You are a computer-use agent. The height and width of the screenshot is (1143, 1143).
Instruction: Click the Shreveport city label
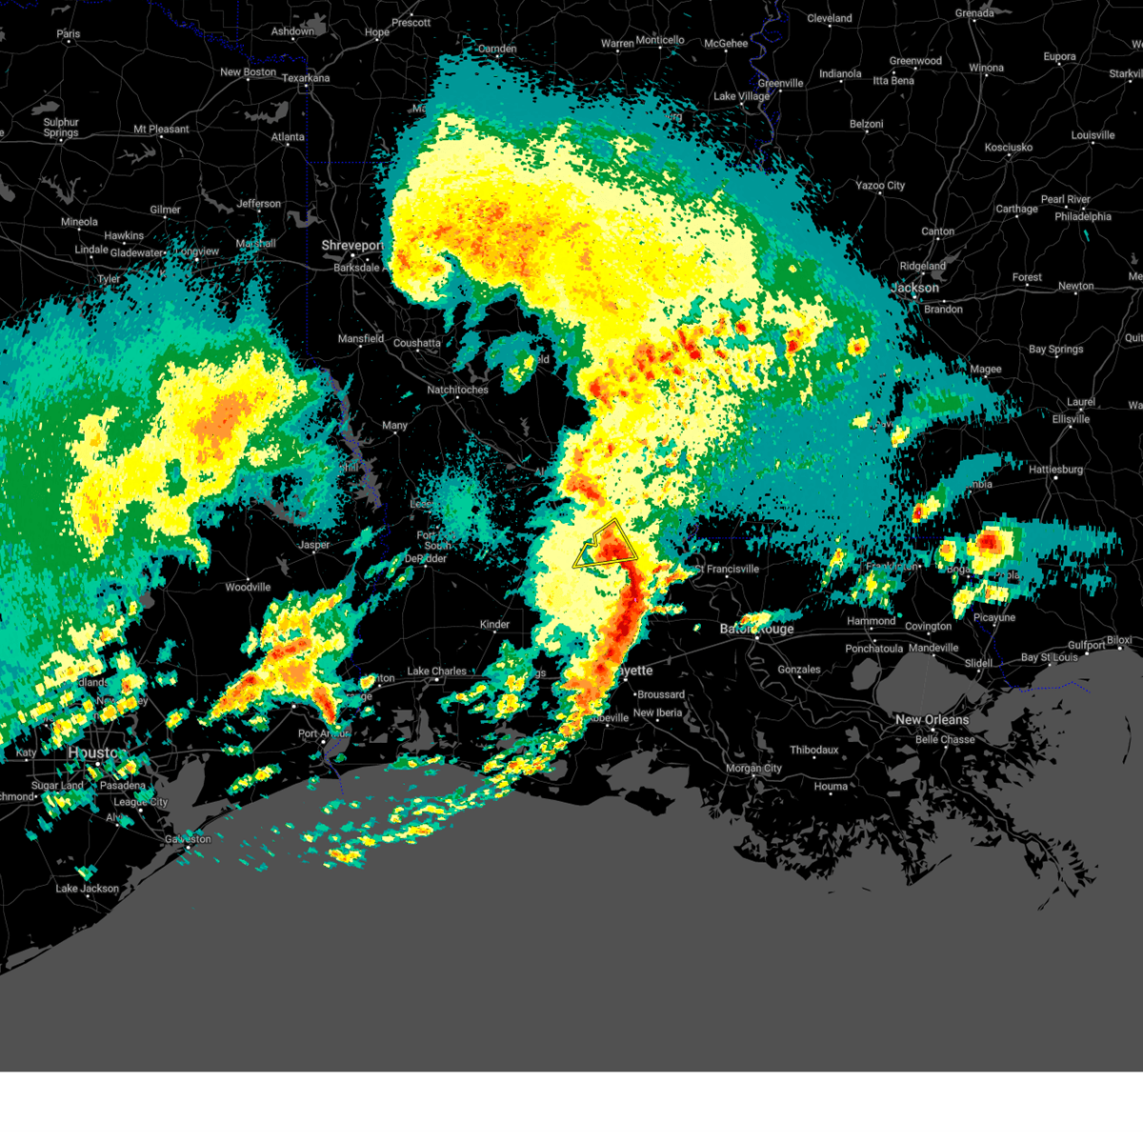[352, 246]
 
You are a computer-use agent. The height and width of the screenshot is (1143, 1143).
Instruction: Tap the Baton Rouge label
[756, 630]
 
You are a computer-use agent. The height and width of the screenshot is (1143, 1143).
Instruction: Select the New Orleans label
[932, 720]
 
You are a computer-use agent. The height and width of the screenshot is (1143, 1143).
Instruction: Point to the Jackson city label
[915, 288]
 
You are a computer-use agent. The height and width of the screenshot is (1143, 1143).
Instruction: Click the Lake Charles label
[436, 672]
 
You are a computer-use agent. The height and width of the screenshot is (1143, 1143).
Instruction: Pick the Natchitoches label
[457, 390]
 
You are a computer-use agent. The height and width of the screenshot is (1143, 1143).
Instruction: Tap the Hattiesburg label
[1055, 470]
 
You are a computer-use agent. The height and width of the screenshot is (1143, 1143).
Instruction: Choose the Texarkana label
[306, 78]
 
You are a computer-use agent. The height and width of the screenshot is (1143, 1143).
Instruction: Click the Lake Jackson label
[88, 889]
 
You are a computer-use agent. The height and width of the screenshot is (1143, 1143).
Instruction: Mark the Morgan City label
[753, 769]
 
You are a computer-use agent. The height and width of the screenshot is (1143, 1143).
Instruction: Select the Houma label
[831, 787]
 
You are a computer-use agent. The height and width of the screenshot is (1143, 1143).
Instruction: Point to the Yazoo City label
[880, 186]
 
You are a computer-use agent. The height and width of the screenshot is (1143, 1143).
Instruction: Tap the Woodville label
[248, 588]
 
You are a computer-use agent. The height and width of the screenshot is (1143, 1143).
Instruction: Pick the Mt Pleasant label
[161, 130]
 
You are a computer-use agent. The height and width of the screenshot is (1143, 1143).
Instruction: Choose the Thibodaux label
[813, 751]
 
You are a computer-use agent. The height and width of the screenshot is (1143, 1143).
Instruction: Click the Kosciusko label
[1009, 148]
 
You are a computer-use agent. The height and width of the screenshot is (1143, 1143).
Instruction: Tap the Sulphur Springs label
[61, 128]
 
